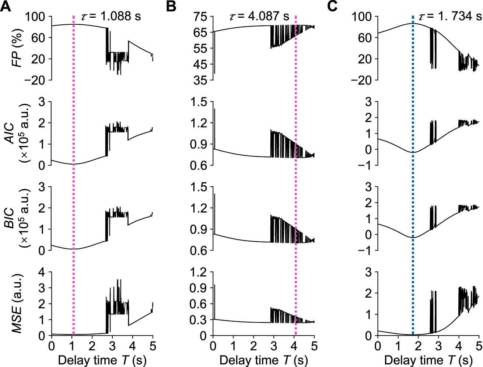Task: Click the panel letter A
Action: [x=5, y=6]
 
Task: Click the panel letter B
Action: [x=171, y=6]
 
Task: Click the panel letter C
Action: [x=332, y=6]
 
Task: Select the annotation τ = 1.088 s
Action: [x=111, y=16]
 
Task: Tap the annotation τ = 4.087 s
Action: [x=259, y=16]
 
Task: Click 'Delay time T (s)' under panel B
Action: [x=263, y=360]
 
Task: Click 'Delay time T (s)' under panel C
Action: [x=428, y=360]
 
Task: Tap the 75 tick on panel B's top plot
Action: [x=202, y=17]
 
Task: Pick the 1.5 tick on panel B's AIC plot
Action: [x=199, y=102]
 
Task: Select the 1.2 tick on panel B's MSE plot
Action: [x=199, y=272]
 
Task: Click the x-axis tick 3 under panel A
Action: [x=112, y=346]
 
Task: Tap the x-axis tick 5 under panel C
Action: [x=479, y=346]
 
